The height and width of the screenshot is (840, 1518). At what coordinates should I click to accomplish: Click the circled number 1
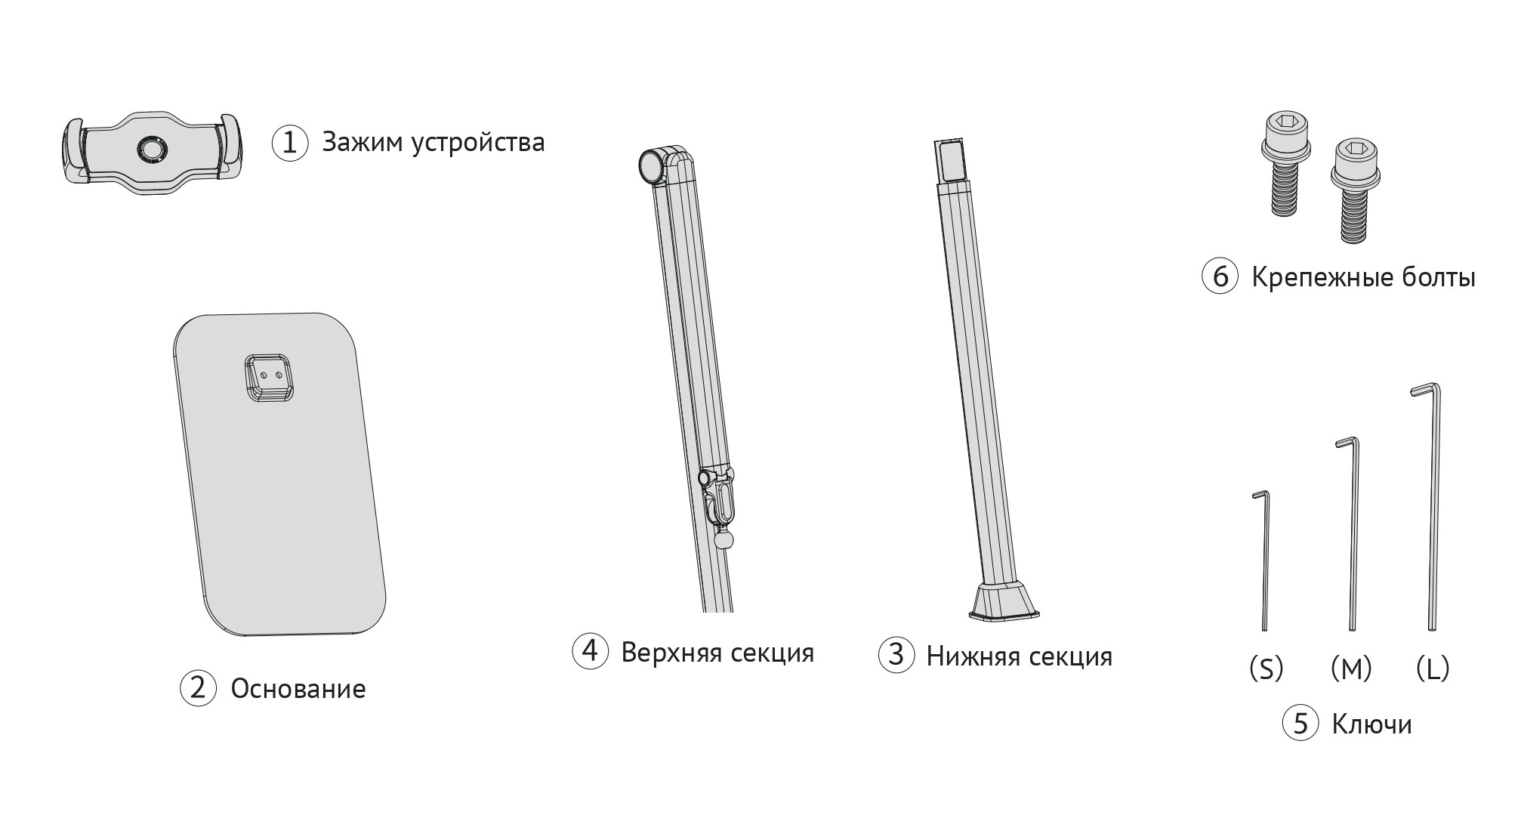tap(290, 142)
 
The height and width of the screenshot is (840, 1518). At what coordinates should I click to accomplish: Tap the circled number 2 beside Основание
tap(198, 688)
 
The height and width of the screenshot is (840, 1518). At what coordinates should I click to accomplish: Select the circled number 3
tap(896, 655)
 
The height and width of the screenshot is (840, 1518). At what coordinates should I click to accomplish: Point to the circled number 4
tap(591, 650)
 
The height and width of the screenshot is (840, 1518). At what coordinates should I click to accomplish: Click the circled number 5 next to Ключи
tap(1300, 724)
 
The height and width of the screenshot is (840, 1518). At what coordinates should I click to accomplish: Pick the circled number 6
tap(1220, 277)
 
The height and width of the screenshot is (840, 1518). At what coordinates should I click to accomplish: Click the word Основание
tap(298, 689)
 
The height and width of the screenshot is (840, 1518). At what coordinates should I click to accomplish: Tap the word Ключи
tap(1371, 724)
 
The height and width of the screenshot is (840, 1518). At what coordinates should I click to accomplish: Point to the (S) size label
tap(1266, 668)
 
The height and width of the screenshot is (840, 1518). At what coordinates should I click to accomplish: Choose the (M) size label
tap(1351, 668)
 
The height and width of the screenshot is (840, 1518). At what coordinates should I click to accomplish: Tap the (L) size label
tap(1433, 668)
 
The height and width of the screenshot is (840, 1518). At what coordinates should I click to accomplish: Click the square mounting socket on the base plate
tap(270, 378)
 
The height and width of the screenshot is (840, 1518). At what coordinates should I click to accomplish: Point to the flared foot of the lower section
tap(1004, 602)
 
